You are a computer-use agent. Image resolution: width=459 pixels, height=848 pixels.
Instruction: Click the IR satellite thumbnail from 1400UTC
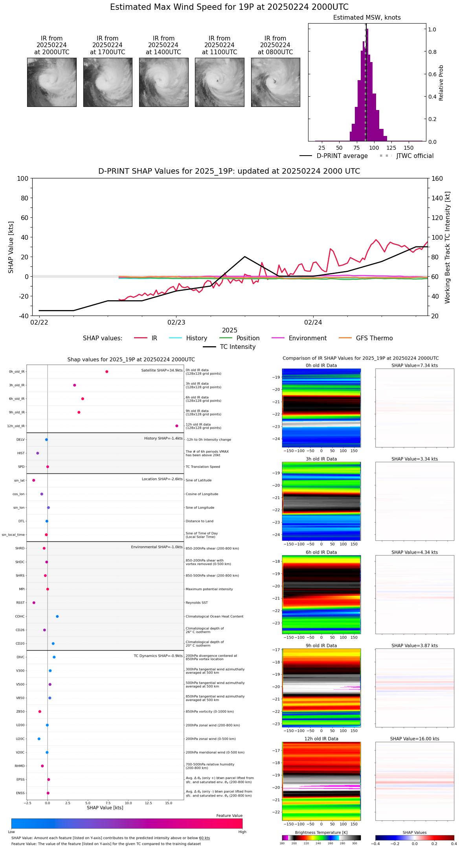pyautogui.click(x=163, y=82)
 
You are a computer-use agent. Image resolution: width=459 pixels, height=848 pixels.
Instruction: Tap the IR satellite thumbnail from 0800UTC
pyautogui.click(x=275, y=82)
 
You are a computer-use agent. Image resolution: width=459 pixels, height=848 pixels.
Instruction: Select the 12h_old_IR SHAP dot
pyautogui.click(x=177, y=426)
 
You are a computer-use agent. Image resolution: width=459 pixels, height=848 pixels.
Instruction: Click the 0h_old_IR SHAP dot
pyautogui.click(x=107, y=372)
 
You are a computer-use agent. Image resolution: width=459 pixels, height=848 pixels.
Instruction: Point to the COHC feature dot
pyautogui.click(x=57, y=617)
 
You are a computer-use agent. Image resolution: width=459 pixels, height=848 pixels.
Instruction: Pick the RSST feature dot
pyautogui.click(x=34, y=603)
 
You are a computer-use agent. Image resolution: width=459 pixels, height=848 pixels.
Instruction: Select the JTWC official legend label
pyautogui.click(x=415, y=156)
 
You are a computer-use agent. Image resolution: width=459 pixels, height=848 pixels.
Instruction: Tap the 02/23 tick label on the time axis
pyautogui.click(x=176, y=323)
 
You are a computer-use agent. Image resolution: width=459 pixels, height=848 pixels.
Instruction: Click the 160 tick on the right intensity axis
pyautogui.click(x=437, y=178)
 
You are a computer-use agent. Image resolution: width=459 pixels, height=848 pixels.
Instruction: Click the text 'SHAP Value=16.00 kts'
pyautogui.click(x=415, y=739)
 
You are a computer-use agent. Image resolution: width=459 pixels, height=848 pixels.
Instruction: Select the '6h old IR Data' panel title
pyautogui.click(x=321, y=552)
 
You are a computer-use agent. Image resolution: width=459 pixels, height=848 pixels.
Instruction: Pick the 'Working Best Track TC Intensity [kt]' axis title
pyautogui.click(x=448, y=248)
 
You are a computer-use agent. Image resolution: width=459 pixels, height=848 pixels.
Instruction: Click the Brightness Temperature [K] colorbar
pyautogui.click(x=321, y=838)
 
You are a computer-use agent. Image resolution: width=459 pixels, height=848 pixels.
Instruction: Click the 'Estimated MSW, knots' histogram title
pyautogui.click(x=367, y=18)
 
